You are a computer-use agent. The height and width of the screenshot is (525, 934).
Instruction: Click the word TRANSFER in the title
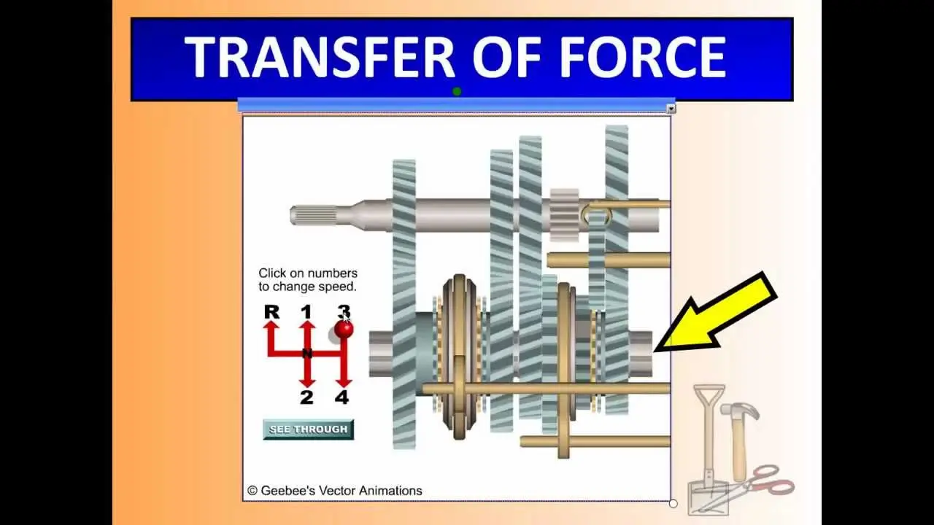[x=320, y=57]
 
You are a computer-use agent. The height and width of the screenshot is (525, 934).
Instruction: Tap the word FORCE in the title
[x=642, y=57]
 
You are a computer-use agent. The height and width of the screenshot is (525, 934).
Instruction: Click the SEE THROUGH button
[x=308, y=429]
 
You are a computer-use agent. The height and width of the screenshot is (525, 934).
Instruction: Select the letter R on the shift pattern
[x=272, y=311]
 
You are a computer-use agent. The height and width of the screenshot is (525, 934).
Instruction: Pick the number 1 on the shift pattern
[x=306, y=311]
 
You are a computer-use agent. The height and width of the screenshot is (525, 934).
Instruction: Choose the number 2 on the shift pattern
[x=306, y=397]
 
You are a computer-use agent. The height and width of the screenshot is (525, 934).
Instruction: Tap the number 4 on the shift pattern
[x=342, y=397]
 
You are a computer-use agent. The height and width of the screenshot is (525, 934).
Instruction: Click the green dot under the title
[x=457, y=92]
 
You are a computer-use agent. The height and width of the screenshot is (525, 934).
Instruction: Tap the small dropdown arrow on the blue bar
[x=671, y=109]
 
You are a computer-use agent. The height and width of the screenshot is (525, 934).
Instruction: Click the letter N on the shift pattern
[x=307, y=354]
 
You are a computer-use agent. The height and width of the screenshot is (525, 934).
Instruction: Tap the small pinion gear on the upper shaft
[x=565, y=215]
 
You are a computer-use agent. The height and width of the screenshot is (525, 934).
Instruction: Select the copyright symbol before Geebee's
[x=252, y=491]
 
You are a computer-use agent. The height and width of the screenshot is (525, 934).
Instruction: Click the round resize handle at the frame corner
[x=673, y=503]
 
